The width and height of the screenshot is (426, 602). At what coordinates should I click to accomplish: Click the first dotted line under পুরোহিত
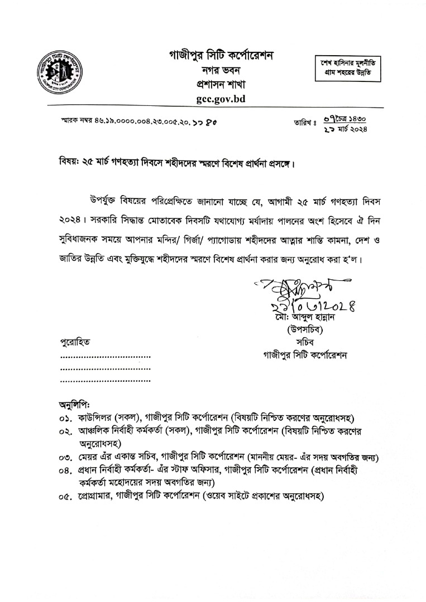click(x=105, y=356)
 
